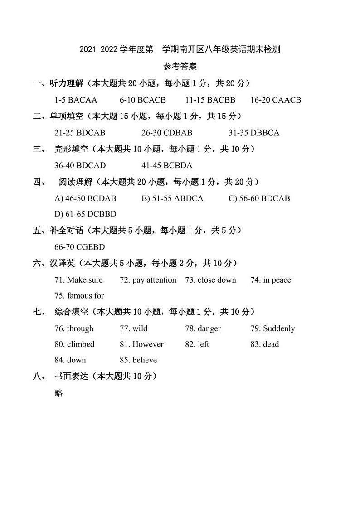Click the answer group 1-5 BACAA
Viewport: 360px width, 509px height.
[x=76, y=100]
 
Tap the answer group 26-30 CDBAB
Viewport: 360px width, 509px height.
[x=167, y=132]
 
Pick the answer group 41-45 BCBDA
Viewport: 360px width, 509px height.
[x=167, y=166]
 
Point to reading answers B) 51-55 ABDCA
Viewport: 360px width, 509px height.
[x=173, y=198]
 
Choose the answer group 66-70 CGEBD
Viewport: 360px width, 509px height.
[x=79, y=247]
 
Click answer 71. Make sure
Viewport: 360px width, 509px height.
[x=78, y=280]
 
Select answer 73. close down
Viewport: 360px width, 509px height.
[x=210, y=280]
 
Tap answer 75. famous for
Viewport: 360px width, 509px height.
[x=79, y=296]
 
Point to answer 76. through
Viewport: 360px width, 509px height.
[x=74, y=328]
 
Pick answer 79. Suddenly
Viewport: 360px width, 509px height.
[x=272, y=328]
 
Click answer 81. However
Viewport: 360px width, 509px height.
[x=141, y=344]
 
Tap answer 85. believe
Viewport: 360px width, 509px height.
[x=138, y=360]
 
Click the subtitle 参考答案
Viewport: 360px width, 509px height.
[x=180, y=67]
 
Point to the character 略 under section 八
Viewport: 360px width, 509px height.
[x=58, y=393]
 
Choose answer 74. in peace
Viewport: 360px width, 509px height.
[x=271, y=280]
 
